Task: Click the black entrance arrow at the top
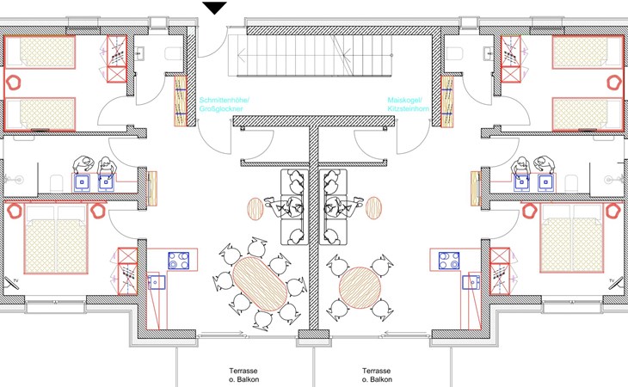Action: (x=215, y=8)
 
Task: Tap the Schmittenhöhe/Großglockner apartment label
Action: (x=225, y=105)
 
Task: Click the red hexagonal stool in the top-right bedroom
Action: (x=613, y=83)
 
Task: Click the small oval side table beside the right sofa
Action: (x=373, y=207)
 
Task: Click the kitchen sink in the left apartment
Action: (x=156, y=281)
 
